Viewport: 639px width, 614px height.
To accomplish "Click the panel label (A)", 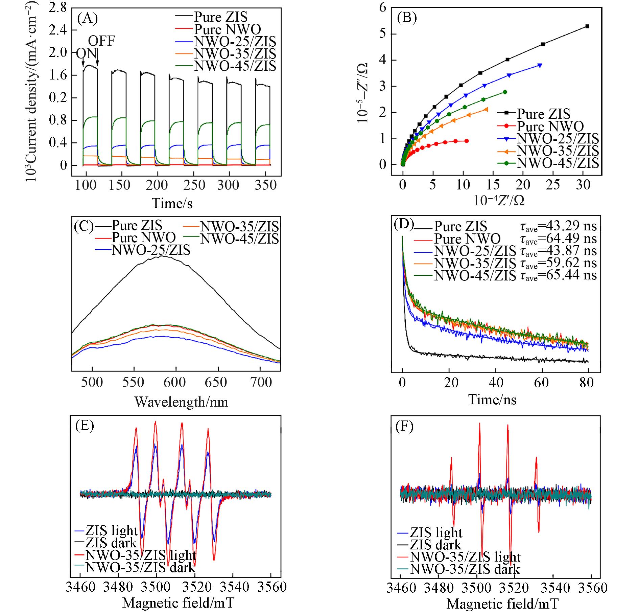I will tap(88, 18).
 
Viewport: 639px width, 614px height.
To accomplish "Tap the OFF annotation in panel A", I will tap(101, 41).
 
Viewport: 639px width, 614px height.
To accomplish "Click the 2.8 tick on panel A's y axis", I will tap(58, 8).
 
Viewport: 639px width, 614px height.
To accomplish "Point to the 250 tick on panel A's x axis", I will tap(193, 185).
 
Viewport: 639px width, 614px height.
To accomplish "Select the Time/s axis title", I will tap(172, 203).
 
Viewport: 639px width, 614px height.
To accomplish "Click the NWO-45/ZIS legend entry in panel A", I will tap(235, 66).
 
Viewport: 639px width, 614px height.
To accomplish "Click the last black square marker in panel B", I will tap(587, 26).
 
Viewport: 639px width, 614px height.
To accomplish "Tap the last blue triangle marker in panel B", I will tap(540, 65).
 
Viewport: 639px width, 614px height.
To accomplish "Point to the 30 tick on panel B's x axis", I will tap(583, 184).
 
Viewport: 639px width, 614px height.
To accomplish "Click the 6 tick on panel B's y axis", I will tap(383, 8).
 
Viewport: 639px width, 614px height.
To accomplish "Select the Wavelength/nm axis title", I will tap(181, 402).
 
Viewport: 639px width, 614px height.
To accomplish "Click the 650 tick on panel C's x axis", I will tap(216, 382).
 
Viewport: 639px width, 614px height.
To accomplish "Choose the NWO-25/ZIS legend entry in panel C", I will tap(151, 250).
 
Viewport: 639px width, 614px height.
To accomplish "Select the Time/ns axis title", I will tap(492, 400).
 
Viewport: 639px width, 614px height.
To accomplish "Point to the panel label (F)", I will tap(404, 427).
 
